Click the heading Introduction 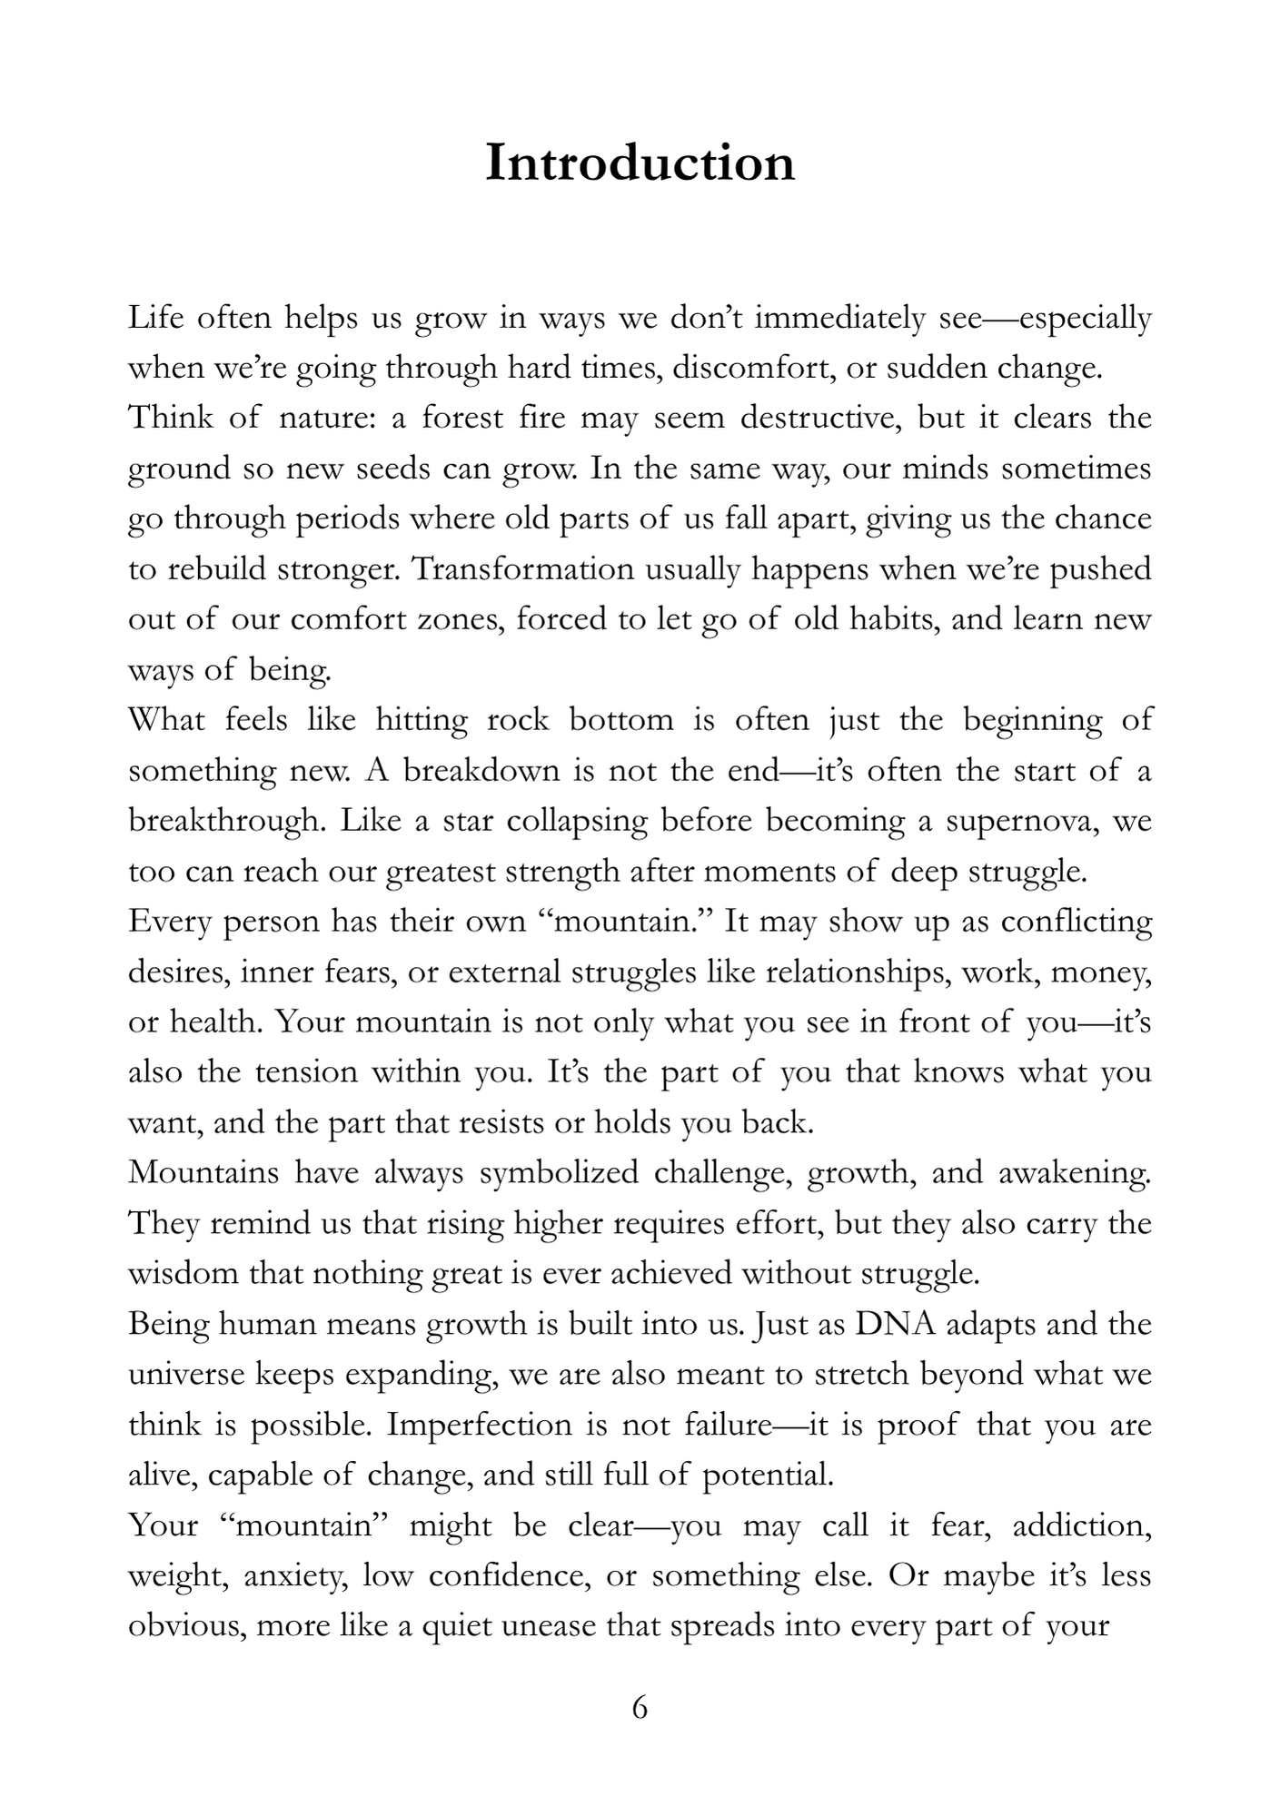[x=640, y=163]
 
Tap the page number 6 [x=640, y=1707]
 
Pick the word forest [x=462, y=419]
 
